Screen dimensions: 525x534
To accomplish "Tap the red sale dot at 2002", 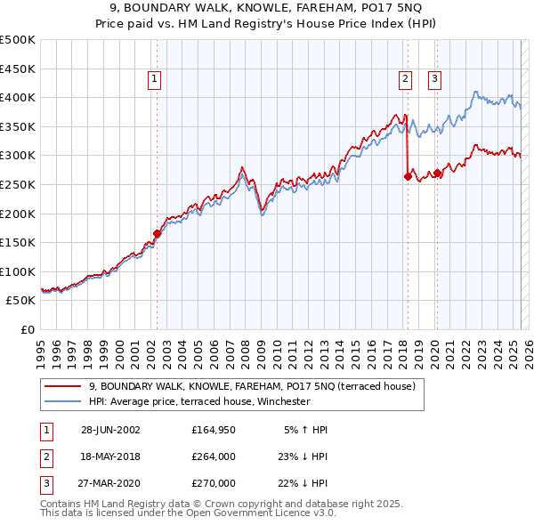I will coord(158,234).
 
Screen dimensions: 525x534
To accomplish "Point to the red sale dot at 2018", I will coord(408,176).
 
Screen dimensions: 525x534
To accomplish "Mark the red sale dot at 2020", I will coord(438,173).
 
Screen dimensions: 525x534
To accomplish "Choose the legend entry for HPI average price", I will coord(198,401).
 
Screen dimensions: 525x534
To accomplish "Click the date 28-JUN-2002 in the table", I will coord(110,430).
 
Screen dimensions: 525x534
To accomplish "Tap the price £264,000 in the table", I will coord(214,456).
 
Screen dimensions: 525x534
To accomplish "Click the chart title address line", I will coord(267,8).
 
